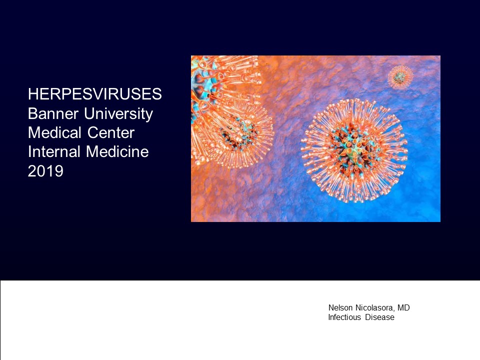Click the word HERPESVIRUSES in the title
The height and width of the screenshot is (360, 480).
(x=95, y=94)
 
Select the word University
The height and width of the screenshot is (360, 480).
(x=118, y=114)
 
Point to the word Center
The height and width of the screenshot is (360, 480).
(x=111, y=133)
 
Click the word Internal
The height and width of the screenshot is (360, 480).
(x=54, y=152)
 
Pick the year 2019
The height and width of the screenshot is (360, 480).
(x=45, y=171)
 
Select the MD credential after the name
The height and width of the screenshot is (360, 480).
(x=403, y=307)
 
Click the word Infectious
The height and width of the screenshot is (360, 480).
(x=344, y=317)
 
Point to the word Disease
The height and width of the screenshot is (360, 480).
(x=379, y=317)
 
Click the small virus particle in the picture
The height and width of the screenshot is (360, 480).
(x=400, y=77)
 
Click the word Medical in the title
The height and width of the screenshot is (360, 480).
(x=54, y=133)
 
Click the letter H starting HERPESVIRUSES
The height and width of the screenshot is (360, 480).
(x=33, y=94)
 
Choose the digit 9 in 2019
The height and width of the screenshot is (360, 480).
(x=59, y=171)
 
